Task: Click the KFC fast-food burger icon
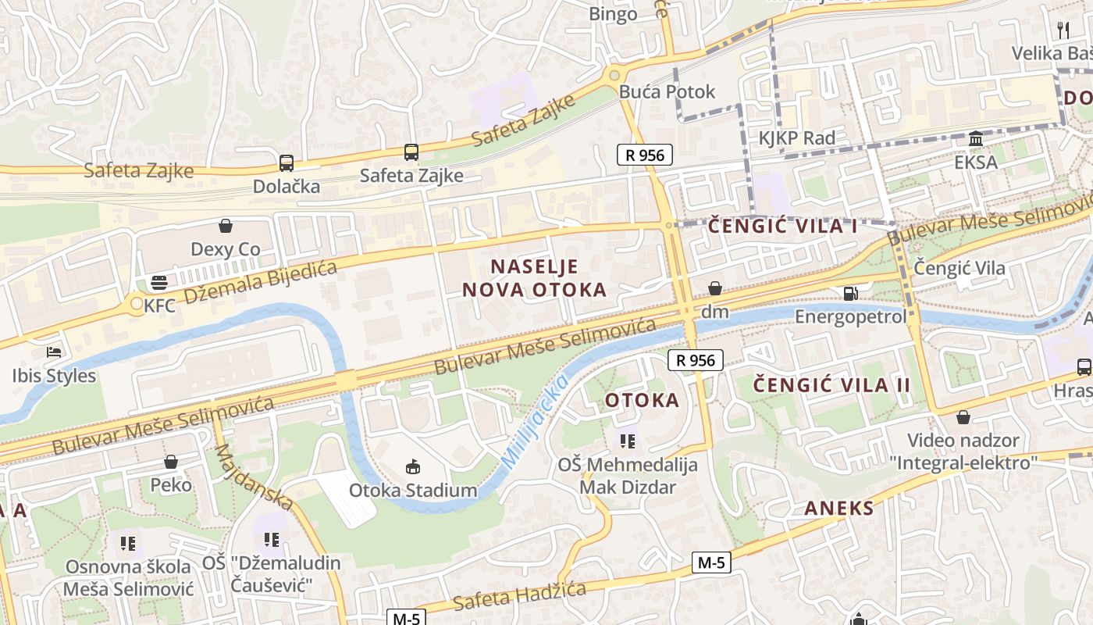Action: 160,282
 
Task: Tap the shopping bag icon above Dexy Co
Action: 226,227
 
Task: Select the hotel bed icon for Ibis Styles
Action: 53,352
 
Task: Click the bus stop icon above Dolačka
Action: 287,163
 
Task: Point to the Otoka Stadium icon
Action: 413,467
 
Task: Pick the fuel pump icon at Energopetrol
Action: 850,294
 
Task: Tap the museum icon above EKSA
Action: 975,139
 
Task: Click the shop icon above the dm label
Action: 714,289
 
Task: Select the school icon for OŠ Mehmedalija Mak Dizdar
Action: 628,441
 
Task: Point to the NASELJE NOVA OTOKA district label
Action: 534,278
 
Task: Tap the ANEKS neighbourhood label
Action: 839,509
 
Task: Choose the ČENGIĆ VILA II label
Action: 832,384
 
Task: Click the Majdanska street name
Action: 254,477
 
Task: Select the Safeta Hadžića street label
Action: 519,596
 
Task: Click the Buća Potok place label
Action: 667,91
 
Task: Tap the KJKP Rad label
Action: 797,138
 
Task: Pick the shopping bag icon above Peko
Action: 171,462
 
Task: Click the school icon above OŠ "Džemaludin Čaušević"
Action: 271,539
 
